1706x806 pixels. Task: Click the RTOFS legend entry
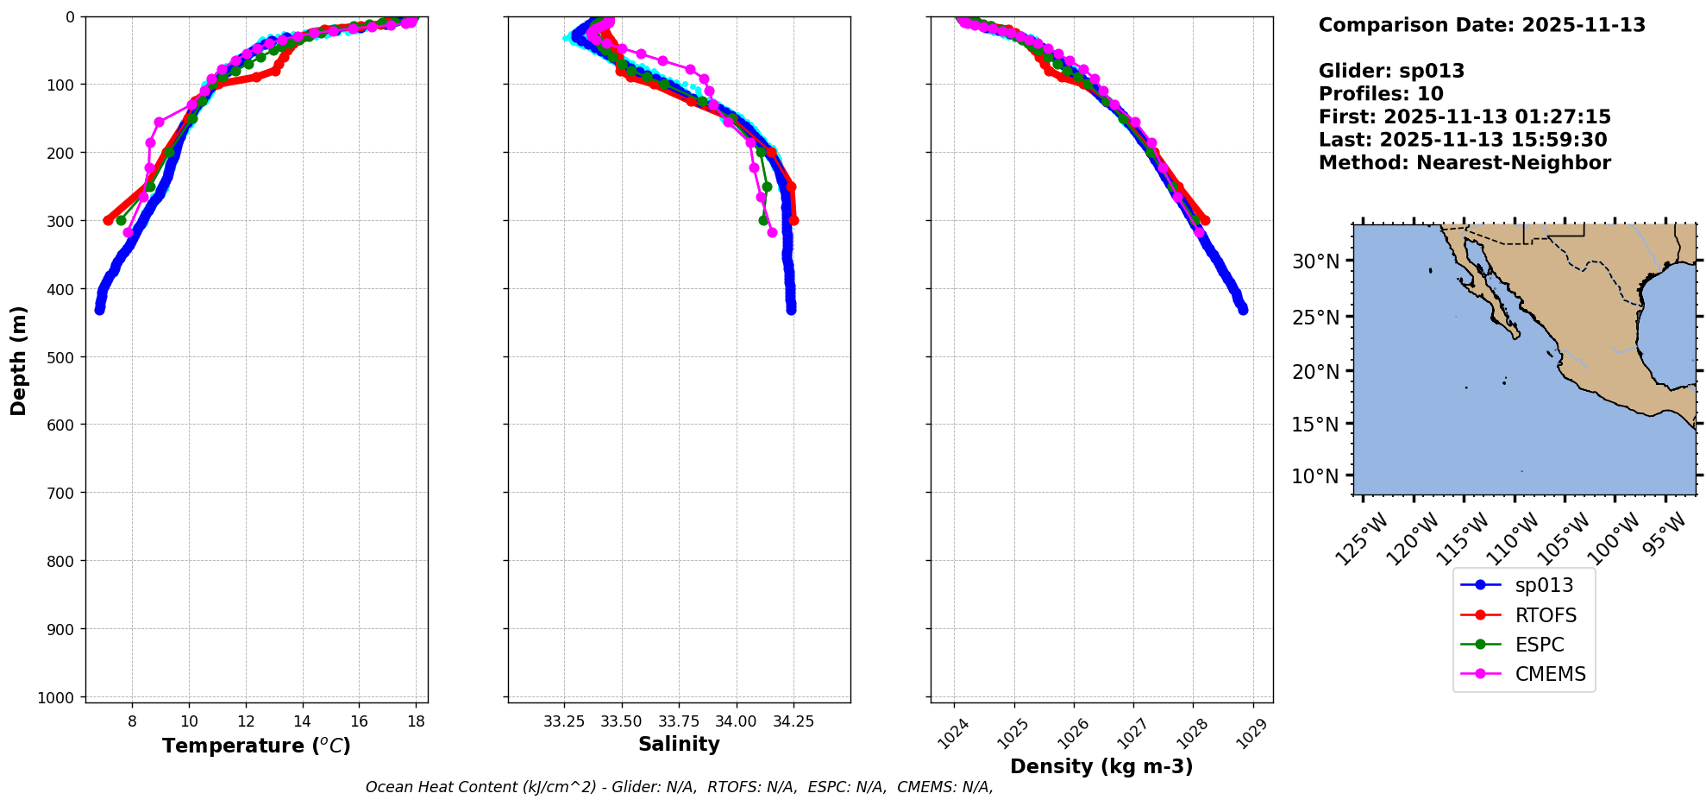click(x=1545, y=615)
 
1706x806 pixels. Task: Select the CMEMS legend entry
click(x=1550, y=674)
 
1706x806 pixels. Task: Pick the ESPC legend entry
click(x=1539, y=645)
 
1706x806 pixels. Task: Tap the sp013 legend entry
click(x=1544, y=585)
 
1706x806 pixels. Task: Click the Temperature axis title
click(x=256, y=746)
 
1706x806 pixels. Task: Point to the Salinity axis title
click(x=679, y=744)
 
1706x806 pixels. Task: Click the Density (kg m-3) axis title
click(x=1101, y=766)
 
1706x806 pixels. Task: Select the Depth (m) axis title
click(x=19, y=360)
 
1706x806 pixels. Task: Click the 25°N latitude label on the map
click(x=1315, y=318)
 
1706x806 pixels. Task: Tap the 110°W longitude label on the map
click(x=1514, y=539)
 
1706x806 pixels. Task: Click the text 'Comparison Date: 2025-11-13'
click(x=1482, y=25)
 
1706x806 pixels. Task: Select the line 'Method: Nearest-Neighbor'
click(x=1465, y=163)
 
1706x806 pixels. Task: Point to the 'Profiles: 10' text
click(x=1381, y=94)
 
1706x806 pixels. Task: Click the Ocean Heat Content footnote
click(x=679, y=787)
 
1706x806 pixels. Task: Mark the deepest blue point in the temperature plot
click(x=99, y=310)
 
